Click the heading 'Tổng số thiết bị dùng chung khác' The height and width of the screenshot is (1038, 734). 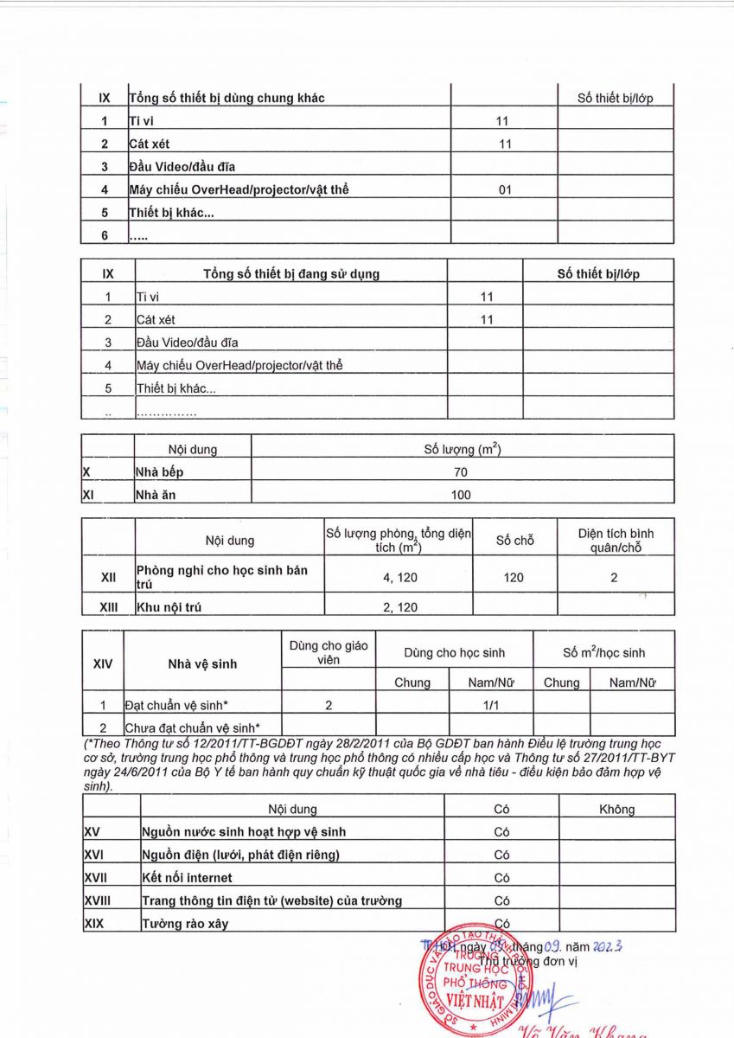point(227,98)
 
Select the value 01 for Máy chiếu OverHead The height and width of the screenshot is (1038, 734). point(505,189)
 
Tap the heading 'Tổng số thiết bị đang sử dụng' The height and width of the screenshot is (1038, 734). point(290,273)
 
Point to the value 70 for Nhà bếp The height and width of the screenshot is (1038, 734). point(461,472)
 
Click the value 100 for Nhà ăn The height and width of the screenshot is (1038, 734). point(461,495)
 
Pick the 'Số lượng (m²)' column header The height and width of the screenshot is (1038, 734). point(462,449)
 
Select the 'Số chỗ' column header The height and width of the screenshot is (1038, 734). point(514,541)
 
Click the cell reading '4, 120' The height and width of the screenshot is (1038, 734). point(399,577)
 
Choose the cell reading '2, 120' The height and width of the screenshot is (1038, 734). point(399,607)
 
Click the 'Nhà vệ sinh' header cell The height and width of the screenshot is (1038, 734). point(202,664)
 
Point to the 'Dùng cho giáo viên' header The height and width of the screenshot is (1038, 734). point(329,652)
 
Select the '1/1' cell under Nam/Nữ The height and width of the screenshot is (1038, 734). point(490,705)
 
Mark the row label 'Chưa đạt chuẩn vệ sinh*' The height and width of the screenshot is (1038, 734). point(192,727)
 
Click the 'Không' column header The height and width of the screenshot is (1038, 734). point(616,809)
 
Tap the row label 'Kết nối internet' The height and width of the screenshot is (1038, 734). point(187,878)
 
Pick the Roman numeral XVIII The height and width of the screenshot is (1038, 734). point(99,900)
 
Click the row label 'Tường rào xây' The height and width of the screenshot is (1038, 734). point(185,924)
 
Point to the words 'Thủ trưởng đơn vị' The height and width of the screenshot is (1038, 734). point(527,961)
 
